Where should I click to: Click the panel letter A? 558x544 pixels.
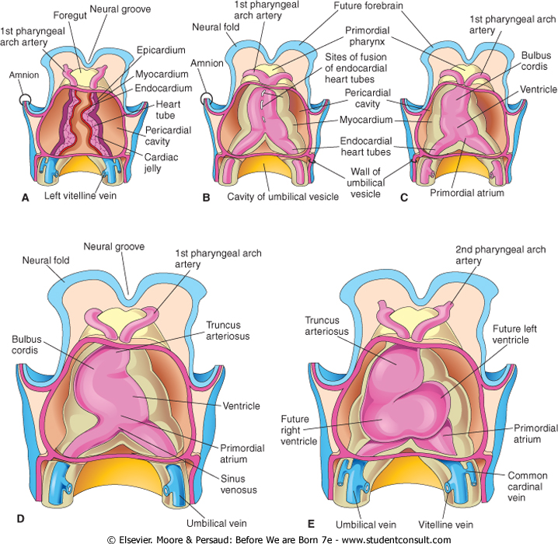click(x=25, y=199)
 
